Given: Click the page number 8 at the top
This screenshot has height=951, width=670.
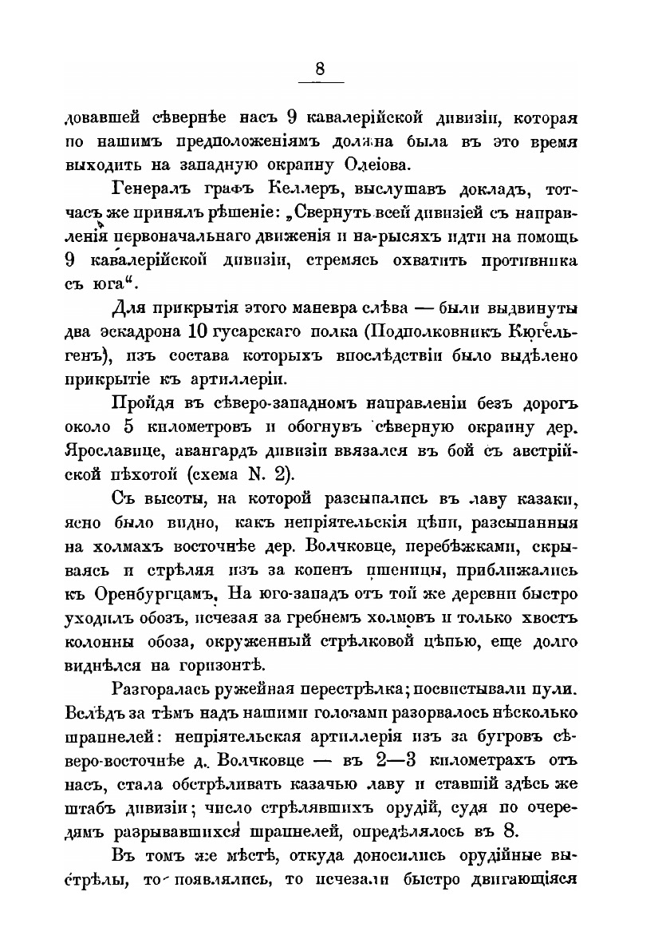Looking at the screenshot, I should point(320,69).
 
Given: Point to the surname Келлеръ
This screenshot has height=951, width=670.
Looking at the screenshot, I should point(292,192).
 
